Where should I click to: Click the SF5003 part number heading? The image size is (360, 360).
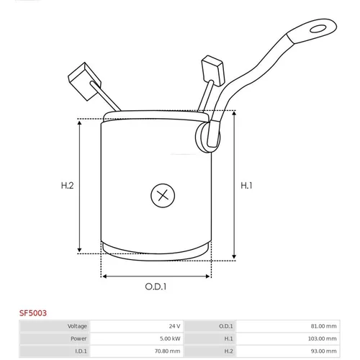(x=33, y=313)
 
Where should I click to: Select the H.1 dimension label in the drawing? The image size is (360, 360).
(x=246, y=186)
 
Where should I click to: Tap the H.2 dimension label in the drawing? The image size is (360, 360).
(x=67, y=186)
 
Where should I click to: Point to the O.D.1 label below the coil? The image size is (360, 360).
(x=156, y=287)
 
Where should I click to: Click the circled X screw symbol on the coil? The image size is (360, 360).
(x=163, y=196)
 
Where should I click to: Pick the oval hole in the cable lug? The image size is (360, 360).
(x=318, y=29)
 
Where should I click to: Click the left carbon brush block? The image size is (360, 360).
(x=84, y=81)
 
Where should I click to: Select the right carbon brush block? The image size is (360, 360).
(x=213, y=71)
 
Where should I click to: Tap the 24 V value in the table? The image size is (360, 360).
(x=174, y=326)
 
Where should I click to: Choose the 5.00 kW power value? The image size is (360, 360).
(x=170, y=338)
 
